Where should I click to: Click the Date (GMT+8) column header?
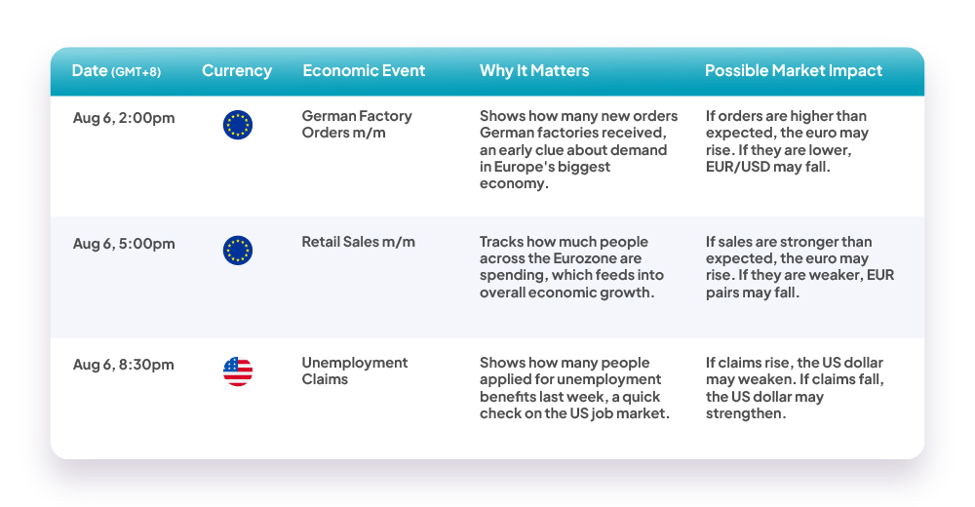coord(116,71)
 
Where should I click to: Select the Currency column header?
coord(237,71)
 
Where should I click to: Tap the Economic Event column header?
coord(364,71)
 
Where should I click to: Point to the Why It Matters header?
coord(534,71)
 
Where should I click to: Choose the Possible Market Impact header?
coord(794,71)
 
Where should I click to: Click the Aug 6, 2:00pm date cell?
coord(124,118)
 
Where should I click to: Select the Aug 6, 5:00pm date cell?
coord(124,244)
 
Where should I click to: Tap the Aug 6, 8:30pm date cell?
coord(123,365)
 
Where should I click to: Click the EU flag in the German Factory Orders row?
coord(238,125)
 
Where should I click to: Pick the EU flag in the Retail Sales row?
coord(238,251)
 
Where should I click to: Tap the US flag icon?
coord(238,371)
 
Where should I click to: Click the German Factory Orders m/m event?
coord(357,125)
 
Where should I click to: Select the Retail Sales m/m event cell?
coord(358,242)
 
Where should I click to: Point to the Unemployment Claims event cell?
coord(355,370)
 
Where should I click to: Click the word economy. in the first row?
coord(514,184)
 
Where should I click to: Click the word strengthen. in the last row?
coord(746,413)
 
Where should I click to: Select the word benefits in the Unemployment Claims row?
coord(504,397)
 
